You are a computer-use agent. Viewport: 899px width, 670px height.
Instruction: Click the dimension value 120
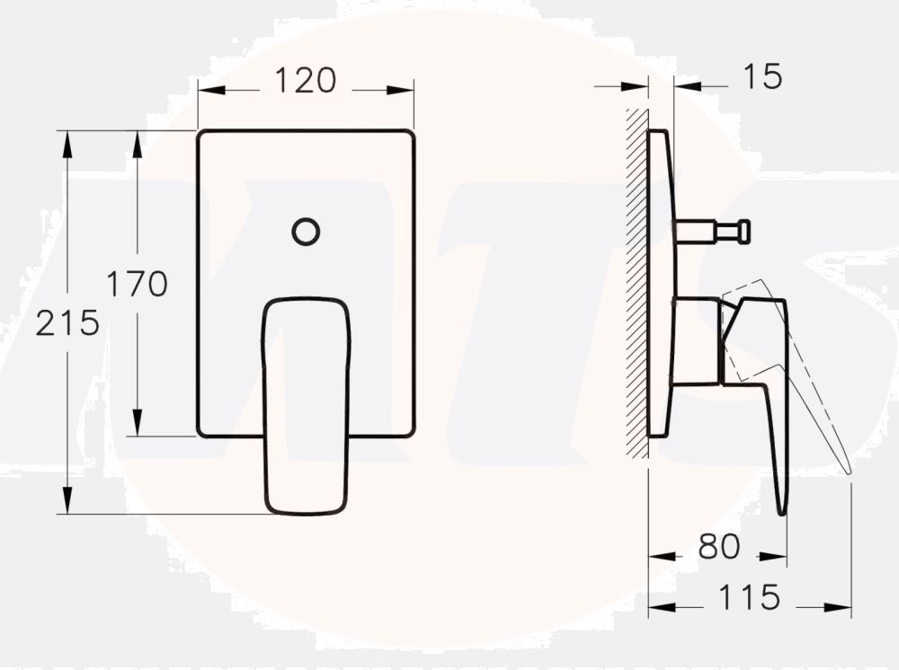pyautogui.click(x=305, y=81)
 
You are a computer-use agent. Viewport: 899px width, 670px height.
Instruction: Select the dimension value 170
pyautogui.click(x=138, y=284)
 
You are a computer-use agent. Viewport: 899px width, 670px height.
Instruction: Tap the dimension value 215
pyautogui.click(x=67, y=322)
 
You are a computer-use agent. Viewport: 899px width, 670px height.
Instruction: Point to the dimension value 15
pyautogui.click(x=763, y=77)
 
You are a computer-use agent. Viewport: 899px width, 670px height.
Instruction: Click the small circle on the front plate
pyautogui.click(x=306, y=232)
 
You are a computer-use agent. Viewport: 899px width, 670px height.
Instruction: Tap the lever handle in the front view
pyautogui.click(x=306, y=404)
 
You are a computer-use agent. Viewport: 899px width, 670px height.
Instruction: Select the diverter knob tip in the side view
pyautogui.click(x=743, y=232)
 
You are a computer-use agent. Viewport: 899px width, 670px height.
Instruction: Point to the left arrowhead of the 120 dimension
pyautogui.click(x=206, y=90)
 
